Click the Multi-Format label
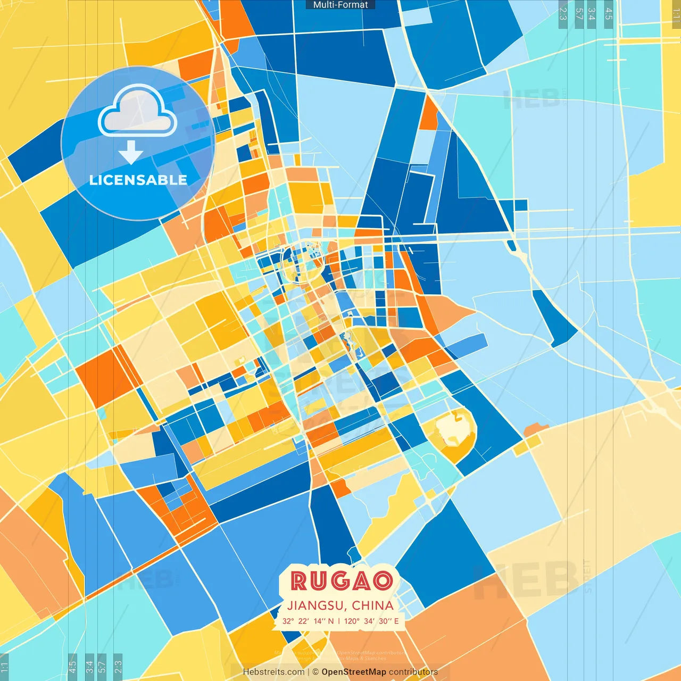coord(340,5)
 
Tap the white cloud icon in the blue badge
coord(137,111)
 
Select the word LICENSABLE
coord(138,180)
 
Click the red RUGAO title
coord(342,581)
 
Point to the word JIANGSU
coord(317,605)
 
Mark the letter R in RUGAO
coord(300,581)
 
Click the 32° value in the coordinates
coord(288,621)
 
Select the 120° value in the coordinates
coord(352,621)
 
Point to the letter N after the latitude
coord(331,621)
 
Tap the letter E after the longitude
coord(396,621)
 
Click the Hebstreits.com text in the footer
coord(273,672)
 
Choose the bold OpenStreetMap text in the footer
coord(354,672)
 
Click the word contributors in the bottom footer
coord(413,672)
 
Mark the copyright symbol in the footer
coord(315,672)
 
